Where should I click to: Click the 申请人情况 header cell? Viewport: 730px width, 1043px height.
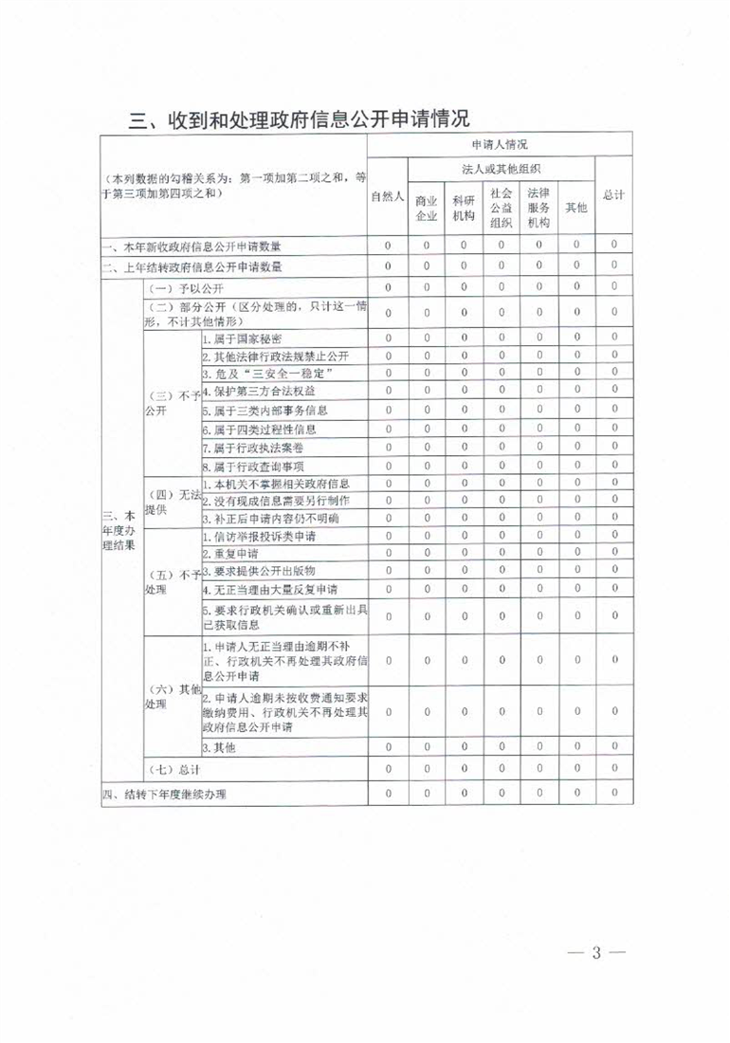(x=500, y=145)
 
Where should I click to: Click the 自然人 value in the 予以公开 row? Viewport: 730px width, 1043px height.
(x=389, y=286)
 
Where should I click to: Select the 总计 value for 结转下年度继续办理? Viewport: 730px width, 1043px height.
(x=614, y=793)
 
